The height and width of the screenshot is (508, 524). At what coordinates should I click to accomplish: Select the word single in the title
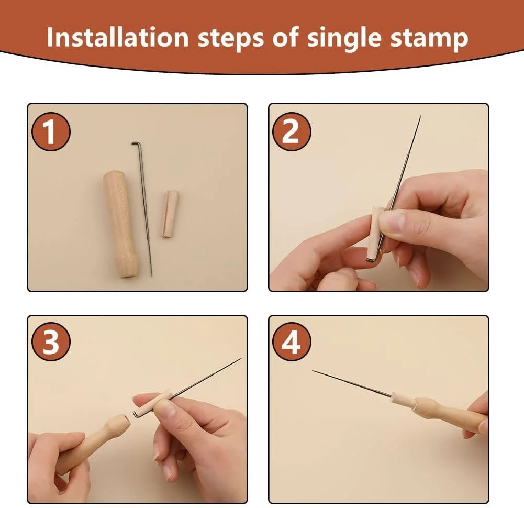(x=344, y=38)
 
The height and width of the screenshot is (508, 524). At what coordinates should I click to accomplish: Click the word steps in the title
(x=231, y=38)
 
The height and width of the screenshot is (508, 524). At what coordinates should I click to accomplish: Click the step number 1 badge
(x=51, y=131)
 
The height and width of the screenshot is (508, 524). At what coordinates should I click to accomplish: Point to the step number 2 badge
(x=292, y=131)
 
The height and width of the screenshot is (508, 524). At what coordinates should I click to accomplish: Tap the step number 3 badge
(x=51, y=341)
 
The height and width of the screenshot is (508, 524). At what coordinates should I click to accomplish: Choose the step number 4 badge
(x=292, y=341)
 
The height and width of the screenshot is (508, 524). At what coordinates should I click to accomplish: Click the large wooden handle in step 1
(x=120, y=225)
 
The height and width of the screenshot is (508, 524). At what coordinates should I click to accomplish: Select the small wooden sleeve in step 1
(x=170, y=214)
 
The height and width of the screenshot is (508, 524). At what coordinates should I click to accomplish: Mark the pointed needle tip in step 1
(x=151, y=275)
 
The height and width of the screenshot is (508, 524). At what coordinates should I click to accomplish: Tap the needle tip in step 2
(x=420, y=116)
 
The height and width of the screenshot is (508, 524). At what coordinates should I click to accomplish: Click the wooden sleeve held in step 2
(x=374, y=233)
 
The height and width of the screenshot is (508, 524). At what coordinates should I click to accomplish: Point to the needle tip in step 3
(x=240, y=359)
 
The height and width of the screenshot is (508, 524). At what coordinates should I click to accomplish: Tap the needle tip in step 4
(x=314, y=371)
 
